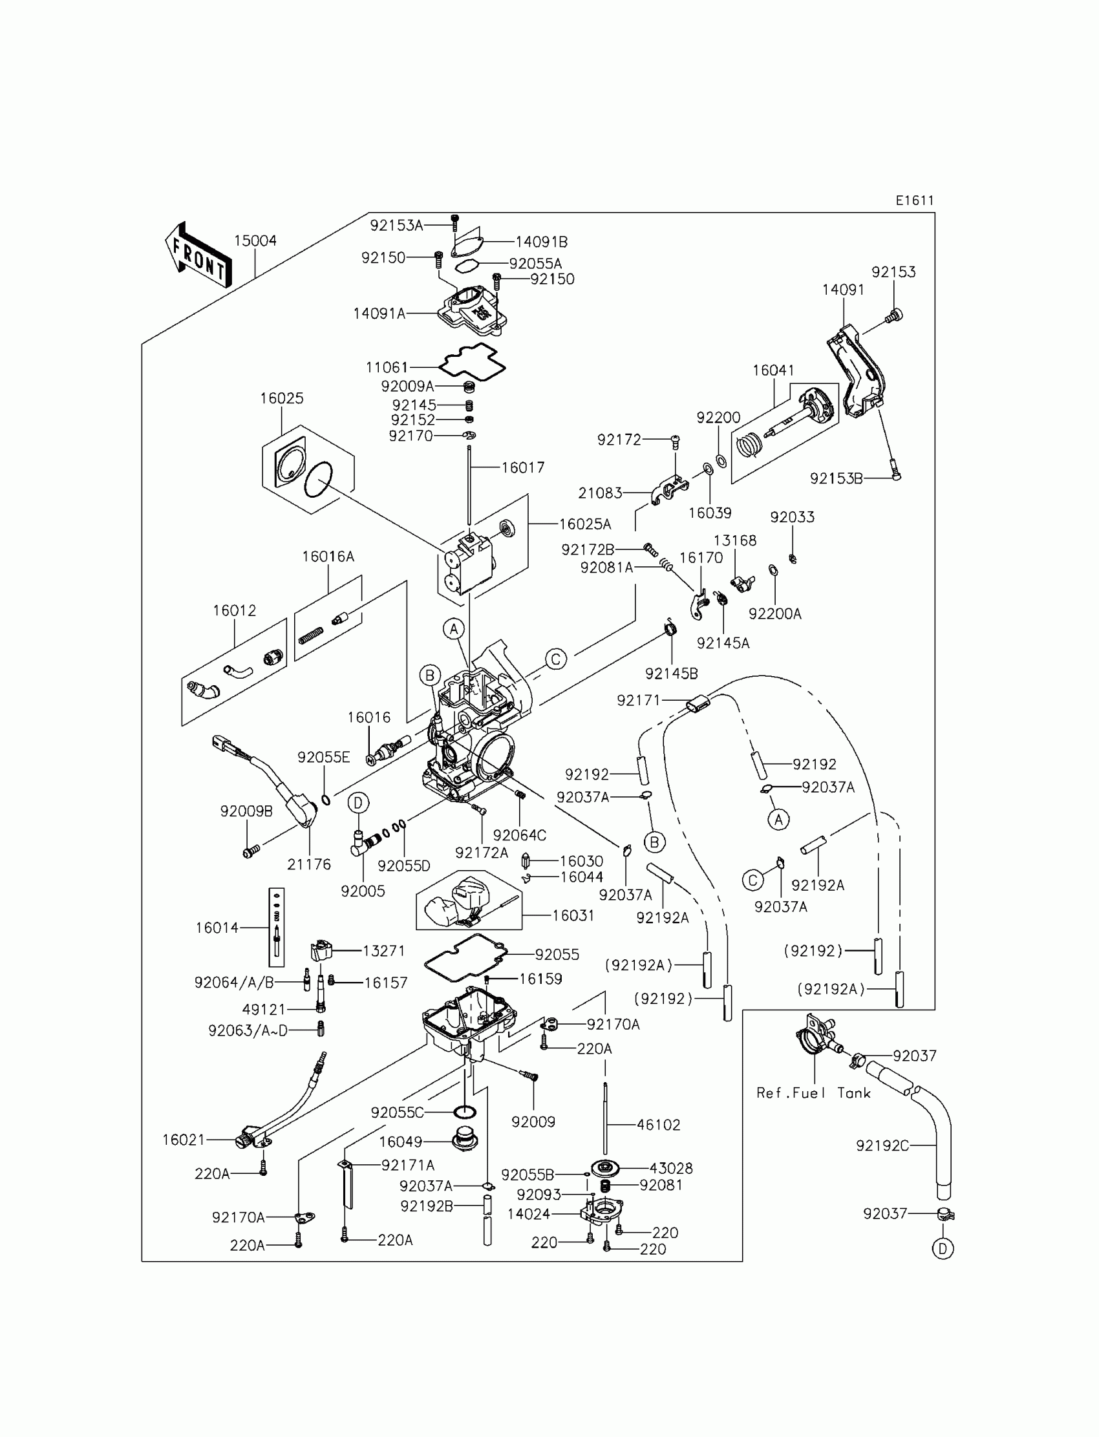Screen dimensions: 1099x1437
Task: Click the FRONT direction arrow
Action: [x=198, y=255]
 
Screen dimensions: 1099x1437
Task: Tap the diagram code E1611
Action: [x=915, y=200]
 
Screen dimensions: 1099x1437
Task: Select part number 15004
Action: [x=255, y=240]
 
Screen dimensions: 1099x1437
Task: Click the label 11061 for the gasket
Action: [x=387, y=368]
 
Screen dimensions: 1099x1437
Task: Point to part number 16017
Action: [x=523, y=467]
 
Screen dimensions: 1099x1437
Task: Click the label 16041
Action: [x=773, y=370]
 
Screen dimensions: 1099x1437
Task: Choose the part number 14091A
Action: [x=379, y=314]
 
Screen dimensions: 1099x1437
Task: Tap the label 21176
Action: [x=309, y=865]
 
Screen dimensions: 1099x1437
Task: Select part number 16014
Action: [x=217, y=928]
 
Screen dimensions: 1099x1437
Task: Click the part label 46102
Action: [x=659, y=1125]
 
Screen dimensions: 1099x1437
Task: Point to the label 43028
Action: [x=670, y=1168]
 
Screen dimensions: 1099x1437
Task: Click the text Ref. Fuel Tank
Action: [x=814, y=1093]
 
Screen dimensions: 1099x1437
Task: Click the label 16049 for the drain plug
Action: [x=400, y=1142]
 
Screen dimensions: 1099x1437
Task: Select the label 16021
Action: [x=184, y=1140]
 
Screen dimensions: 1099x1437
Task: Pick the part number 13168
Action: [x=734, y=540]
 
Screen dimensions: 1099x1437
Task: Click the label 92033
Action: [x=792, y=517]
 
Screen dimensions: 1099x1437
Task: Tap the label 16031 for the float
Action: [x=573, y=916]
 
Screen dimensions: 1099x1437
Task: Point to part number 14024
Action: [x=529, y=1214]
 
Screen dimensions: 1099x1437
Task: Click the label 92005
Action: [x=363, y=891]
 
